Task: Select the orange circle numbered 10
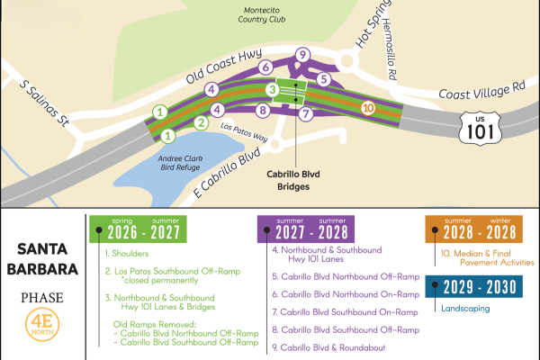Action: tap(366, 108)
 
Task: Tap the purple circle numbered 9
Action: tap(302, 57)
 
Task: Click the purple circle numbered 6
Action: tap(265, 67)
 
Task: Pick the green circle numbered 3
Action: tap(270, 89)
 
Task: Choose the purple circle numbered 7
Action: tap(306, 114)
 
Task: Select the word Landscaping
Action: tap(468, 306)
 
